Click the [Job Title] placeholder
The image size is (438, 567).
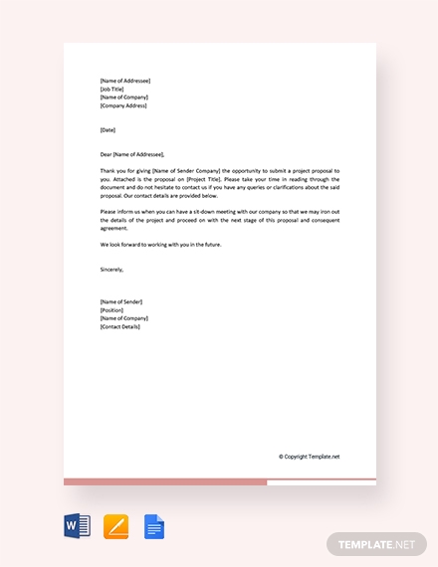(x=112, y=89)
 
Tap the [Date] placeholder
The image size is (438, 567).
(x=108, y=129)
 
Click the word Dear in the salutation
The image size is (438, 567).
(x=106, y=154)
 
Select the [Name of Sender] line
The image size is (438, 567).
(x=121, y=301)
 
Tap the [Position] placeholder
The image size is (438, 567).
(x=111, y=309)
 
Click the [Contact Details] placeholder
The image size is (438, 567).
(x=120, y=326)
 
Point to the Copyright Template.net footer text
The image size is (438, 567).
(x=310, y=457)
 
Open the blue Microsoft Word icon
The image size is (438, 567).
(x=77, y=526)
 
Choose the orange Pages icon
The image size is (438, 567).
(x=115, y=526)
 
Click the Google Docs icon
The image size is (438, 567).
(x=154, y=526)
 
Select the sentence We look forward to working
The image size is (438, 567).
(x=161, y=244)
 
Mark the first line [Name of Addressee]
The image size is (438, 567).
(x=125, y=80)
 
